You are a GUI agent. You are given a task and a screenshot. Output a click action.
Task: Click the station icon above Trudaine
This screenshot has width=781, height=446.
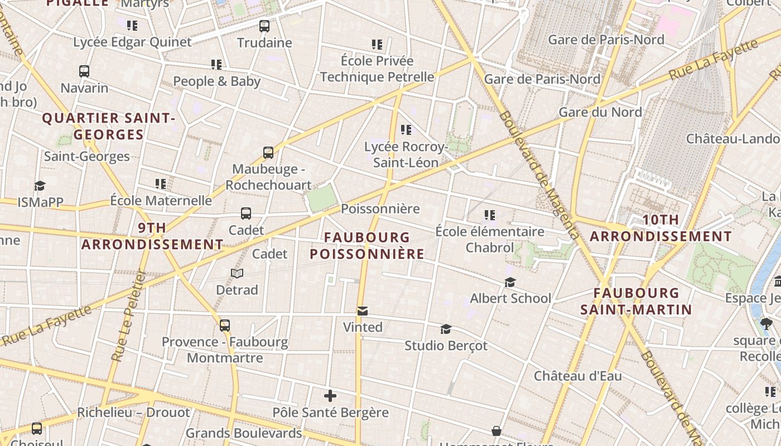264,26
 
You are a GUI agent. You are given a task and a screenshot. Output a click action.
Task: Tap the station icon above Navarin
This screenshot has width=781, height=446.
84,71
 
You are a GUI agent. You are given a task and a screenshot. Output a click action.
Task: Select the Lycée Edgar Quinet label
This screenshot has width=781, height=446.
132,42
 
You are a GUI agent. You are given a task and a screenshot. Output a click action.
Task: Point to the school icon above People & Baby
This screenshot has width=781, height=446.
216,65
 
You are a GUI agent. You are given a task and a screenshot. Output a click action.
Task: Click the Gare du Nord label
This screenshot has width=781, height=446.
600,112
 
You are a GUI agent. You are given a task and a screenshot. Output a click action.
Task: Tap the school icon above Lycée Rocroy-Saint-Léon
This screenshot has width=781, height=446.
406,130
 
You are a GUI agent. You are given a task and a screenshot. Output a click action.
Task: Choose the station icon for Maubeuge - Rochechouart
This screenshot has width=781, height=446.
268,152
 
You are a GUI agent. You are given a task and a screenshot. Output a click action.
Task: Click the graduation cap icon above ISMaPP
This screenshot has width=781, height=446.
40,186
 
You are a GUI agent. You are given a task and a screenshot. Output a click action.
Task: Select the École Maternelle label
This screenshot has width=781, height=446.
161,200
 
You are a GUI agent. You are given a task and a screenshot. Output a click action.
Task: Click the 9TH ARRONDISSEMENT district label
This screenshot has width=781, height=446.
152,236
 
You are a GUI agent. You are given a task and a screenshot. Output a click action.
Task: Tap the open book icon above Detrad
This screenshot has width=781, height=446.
237,273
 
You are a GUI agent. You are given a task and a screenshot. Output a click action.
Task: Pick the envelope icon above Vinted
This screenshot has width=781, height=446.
363,311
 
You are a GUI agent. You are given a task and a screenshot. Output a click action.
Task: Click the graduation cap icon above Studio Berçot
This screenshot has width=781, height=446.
446,329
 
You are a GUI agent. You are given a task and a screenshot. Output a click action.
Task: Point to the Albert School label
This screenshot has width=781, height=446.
510,298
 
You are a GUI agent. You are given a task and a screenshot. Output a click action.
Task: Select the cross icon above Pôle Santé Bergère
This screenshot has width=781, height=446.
330,396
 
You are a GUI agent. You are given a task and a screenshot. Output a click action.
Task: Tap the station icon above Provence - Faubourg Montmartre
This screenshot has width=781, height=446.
225,325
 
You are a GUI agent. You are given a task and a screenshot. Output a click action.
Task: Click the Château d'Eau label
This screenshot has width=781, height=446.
578,376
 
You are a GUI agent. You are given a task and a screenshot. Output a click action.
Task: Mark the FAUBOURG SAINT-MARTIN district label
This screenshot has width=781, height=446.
636,301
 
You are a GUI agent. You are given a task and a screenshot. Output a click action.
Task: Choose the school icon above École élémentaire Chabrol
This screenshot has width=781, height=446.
490,215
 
